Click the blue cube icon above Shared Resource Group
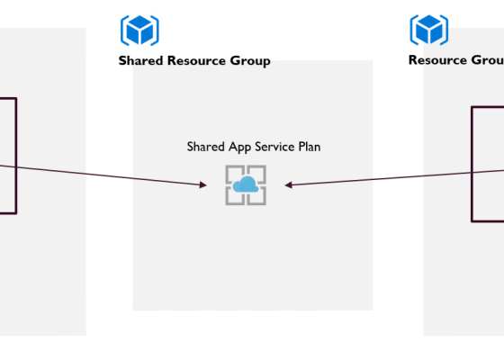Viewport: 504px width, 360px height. (x=139, y=30)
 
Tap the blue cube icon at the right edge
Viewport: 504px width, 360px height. (x=429, y=30)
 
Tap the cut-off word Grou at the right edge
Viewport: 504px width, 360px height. (x=487, y=60)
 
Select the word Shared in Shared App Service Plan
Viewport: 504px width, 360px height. (x=204, y=146)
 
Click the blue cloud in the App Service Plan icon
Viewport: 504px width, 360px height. (x=245, y=184)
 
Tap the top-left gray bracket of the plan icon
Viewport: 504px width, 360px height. (x=231, y=171)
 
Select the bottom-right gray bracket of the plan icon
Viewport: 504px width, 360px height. (x=259, y=198)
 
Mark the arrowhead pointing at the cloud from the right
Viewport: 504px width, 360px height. (x=289, y=185)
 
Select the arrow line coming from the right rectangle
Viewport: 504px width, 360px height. (x=396, y=177)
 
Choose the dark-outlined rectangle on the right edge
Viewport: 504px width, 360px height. (x=473, y=162)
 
